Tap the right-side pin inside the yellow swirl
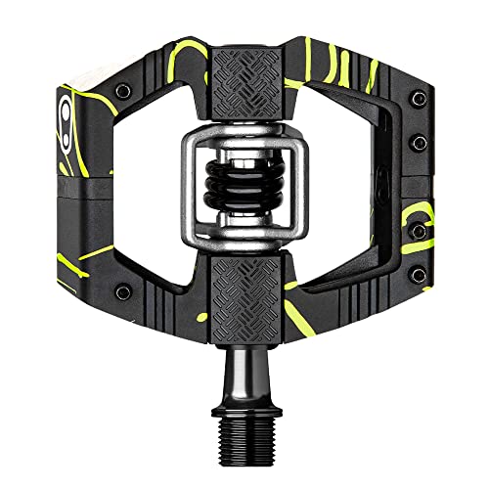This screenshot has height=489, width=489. coord(419,232)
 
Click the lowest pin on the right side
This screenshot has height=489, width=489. coord(375,290)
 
